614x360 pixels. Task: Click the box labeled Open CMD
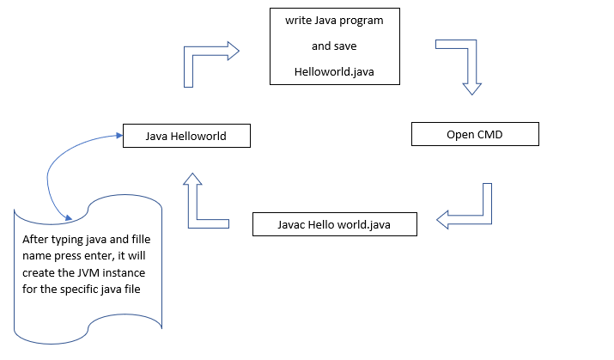[x=475, y=135]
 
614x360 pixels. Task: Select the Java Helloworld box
[x=186, y=136]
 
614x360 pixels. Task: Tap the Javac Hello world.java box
[x=335, y=224]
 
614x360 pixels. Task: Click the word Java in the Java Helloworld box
[x=158, y=136]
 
